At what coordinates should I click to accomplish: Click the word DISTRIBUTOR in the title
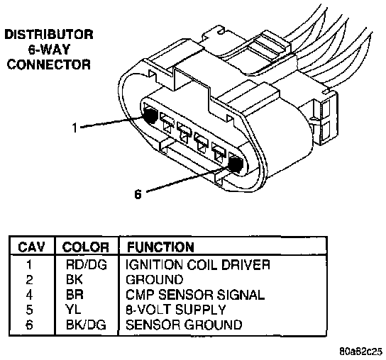(x=49, y=35)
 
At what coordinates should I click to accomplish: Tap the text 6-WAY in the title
(x=49, y=50)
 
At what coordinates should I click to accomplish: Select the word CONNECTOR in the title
(x=49, y=64)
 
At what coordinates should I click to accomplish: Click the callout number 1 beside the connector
(x=75, y=128)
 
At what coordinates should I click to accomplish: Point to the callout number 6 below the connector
(x=138, y=194)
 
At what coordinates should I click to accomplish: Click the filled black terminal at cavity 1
(x=150, y=116)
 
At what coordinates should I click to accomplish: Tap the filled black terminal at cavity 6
(x=236, y=165)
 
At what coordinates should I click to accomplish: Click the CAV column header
(x=31, y=247)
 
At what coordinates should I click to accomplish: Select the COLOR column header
(x=85, y=247)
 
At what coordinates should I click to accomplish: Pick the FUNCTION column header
(x=160, y=247)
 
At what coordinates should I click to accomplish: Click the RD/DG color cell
(x=87, y=265)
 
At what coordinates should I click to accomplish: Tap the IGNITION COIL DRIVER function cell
(x=198, y=265)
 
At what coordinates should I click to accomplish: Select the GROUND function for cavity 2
(x=155, y=280)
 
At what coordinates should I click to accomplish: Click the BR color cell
(x=75, y=295)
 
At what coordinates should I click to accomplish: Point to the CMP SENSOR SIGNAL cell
(x=195, y=295)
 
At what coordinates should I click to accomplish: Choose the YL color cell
(x=73, y=310)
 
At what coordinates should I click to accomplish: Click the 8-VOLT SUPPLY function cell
(x=175, y=310)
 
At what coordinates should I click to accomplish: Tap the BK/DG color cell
(x=86, y=325)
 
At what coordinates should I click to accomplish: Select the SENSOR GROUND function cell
(x=184, y=325)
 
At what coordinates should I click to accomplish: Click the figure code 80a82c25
(x=361, y=351)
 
